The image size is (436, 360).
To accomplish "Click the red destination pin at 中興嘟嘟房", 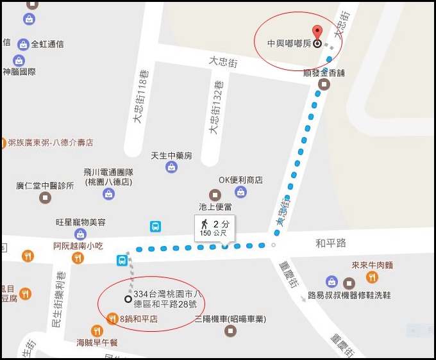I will pyautogui.click(x=316, y=32).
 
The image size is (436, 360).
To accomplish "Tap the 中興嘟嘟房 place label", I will pyautogui.click(x=289, y=44).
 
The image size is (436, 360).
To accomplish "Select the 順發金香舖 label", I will pyautogui.click(x=324, y=73).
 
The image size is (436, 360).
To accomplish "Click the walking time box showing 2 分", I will pyautogui.click(x=215, y=227).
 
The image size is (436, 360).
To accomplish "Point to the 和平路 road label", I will pyautogui.click(x=330, y=243).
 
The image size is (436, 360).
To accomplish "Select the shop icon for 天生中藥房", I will pyautogui.click(x=171, y=167).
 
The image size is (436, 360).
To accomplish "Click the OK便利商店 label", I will pyautogui.click(x=240, y=180).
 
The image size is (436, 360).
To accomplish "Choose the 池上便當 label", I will pyautogui.click(x=214, y=207).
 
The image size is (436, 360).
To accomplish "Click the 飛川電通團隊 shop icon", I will pyautogui.click(x=108, y=193).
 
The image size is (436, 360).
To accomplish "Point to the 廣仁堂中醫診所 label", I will pyautogui.click(x=45, y=186).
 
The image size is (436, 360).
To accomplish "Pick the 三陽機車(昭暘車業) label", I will pyautogui.click(x=230, y=319).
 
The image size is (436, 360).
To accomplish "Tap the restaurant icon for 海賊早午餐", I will pyautogui.click(x=97, y=331).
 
